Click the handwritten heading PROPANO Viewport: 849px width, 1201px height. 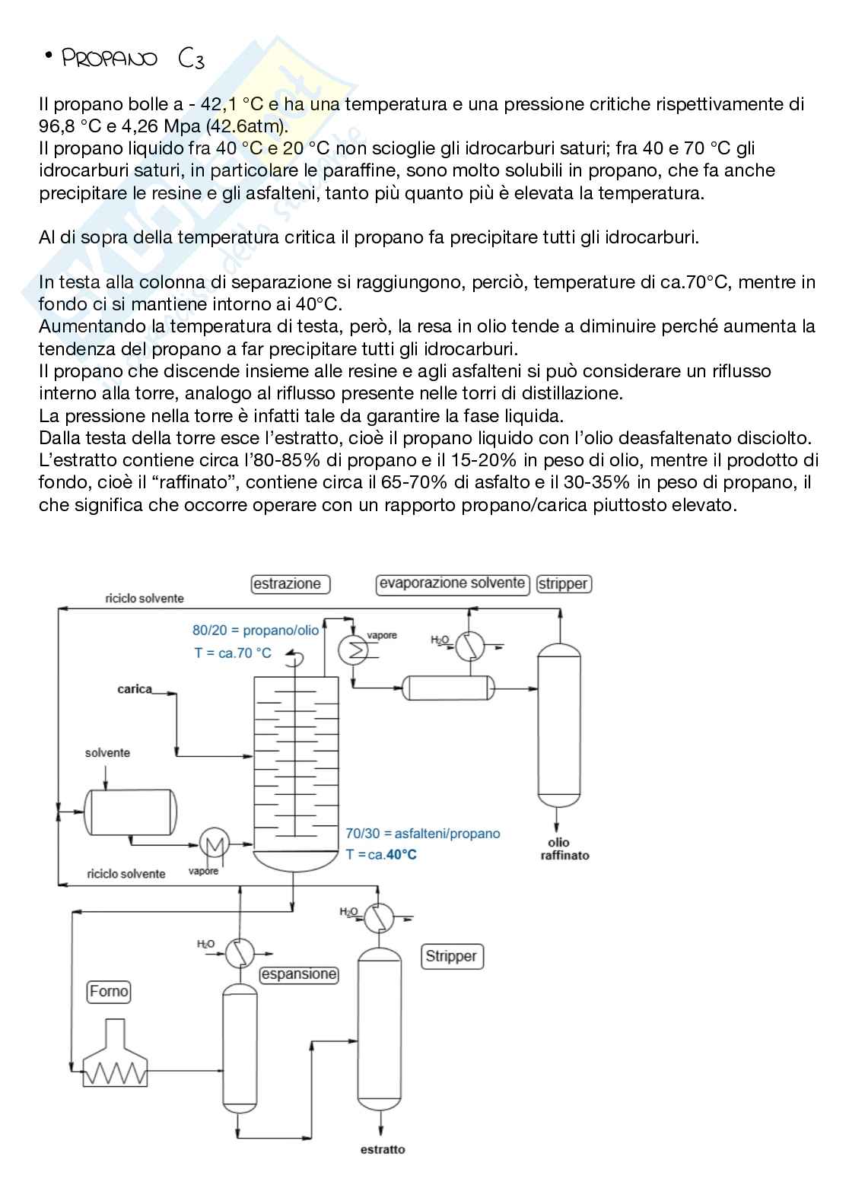(110, 59)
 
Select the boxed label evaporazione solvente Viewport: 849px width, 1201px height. (453, 583)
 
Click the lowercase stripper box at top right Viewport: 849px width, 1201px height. (564, 584)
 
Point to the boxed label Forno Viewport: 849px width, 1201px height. (109, 992)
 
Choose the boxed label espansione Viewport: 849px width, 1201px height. (298, 974)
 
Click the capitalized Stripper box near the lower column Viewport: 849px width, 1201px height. (451, 956)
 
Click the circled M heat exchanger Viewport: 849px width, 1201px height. (215, 843)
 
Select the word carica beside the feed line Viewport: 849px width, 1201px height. (135, 689)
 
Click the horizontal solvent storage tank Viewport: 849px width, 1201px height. (130, 812)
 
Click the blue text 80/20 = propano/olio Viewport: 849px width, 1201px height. (256, 630)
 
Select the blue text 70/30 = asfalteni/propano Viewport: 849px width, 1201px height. (423, 834)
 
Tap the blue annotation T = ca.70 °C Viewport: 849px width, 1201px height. (233, 653)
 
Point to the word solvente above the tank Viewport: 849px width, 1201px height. (107, 753)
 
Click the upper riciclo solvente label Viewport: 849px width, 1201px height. (145, 599)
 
